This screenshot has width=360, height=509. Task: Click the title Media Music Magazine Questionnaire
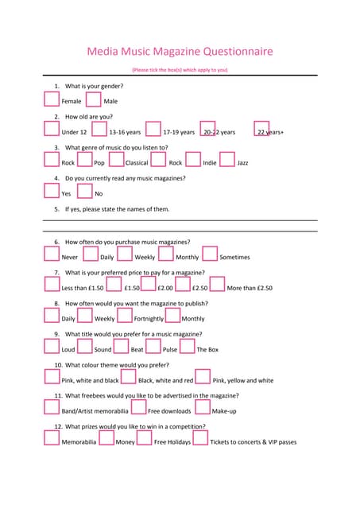180,52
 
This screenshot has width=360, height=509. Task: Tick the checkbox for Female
52,99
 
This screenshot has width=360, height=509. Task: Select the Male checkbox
93,99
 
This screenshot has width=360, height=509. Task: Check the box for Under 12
52,129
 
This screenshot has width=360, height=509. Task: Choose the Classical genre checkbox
116,160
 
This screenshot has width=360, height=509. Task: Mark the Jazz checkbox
226,160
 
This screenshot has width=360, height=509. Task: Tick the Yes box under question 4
52,191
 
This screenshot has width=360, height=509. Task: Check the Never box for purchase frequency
52,254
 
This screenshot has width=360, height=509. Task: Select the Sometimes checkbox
210,254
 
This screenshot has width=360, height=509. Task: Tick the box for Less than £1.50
52,286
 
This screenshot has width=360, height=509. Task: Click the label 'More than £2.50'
250,288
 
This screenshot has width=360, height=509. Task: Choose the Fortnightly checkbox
124,316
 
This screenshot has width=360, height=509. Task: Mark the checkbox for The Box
187,347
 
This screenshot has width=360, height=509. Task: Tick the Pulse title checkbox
153,347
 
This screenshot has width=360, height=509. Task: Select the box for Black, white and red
129,378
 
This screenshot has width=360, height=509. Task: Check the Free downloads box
138,408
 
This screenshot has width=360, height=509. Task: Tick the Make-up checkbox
202,408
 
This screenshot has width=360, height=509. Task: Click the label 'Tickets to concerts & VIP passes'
253,442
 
